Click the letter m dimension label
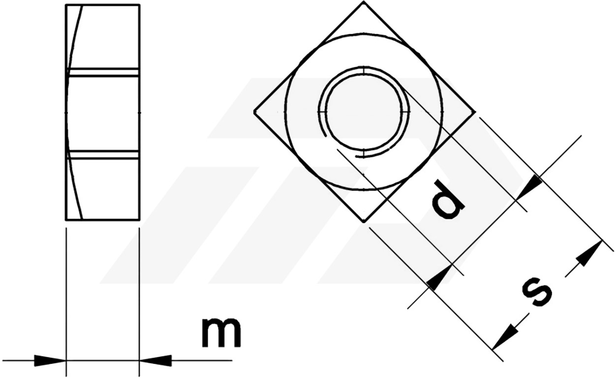221,332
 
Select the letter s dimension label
536,292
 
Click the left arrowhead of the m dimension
50,360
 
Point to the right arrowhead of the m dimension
155,360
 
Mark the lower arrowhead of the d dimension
439,277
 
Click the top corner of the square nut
364,1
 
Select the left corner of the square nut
254,112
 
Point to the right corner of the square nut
475,112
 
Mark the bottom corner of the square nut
364,222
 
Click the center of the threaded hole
364,112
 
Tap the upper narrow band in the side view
103,72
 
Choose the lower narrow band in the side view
103,155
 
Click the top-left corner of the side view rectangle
66,5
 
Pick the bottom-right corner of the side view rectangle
140,220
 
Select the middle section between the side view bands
103,114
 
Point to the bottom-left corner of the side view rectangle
66,220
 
